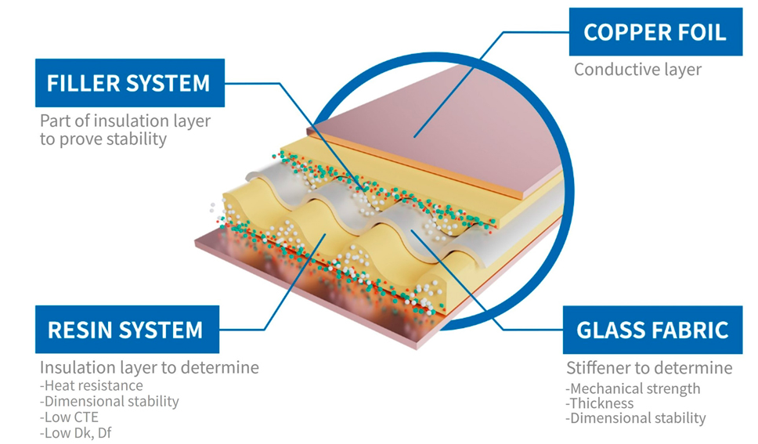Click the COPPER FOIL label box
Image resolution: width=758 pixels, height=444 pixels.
pyautogui.click(x=655, y=32)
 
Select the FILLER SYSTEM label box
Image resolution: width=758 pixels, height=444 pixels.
pyautogui.click(x=129, y=83)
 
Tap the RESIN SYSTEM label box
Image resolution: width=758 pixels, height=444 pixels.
pyautogui.click(x=125, y=330)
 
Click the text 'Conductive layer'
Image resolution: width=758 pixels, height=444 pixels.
pyautogui.click(x=637, y=69)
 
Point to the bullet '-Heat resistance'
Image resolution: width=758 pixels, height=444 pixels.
pyautogui.click(x=92, y=385)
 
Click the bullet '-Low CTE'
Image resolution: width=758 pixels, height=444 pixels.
pyautogui.click(x=70, y=417)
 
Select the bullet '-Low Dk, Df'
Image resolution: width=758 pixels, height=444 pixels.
pyautogui.click(x=76, y=432)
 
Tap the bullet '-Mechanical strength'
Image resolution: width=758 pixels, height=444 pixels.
pyautogui.click(x=633, y=388)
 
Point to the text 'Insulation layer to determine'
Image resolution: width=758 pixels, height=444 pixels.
pyautogui.click(x=149, y=367)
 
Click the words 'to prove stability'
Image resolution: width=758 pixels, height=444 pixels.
pyautogui.click(x=103, y=139)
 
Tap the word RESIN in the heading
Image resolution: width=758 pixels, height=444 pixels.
pyautogui.click(x=77, y=330)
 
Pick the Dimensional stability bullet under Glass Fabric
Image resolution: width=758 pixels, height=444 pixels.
pyautogui.click(x=635, y=418)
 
